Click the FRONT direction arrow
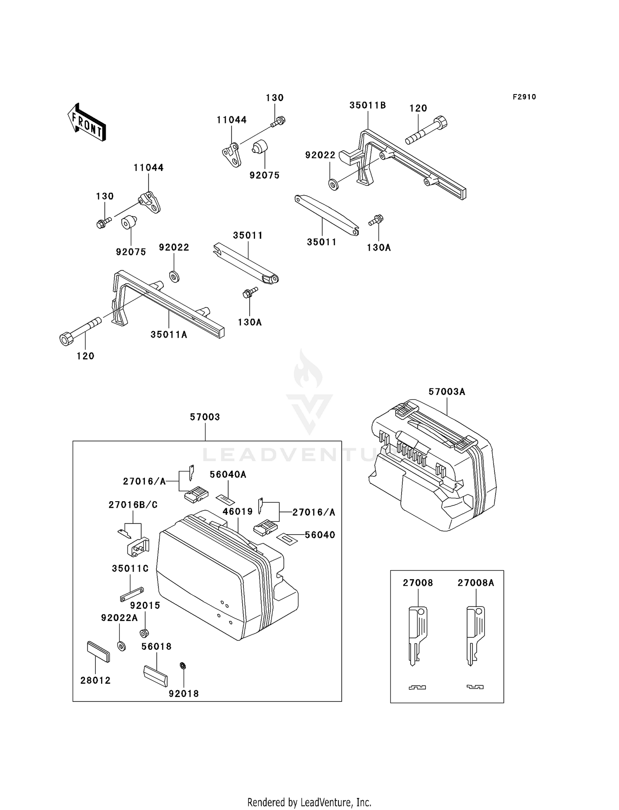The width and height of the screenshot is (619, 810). tap(87, 123)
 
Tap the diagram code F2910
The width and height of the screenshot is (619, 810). tap(524, 97)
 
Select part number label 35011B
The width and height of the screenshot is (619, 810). tap(368, 105)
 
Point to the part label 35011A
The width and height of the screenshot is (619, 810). tap(169, 334)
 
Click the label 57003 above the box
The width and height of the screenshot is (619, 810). tap(205, 417)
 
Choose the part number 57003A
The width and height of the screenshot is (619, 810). tap(447, 391)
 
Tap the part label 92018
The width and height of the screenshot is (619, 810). tap(184, 694)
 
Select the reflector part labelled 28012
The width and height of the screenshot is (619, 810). tap(99, 652)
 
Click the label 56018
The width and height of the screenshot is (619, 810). tap(156, 646)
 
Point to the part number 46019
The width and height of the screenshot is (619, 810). tap(238, 512)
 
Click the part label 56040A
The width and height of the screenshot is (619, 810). tap(228, 474)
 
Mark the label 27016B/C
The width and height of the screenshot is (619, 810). tap(133, 504)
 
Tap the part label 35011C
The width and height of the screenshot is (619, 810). tap(130, 568)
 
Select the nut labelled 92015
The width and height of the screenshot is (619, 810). tap(144, 633)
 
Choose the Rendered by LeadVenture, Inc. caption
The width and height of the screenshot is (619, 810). tap(309, 802)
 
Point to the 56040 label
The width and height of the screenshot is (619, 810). tap(320, 535)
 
